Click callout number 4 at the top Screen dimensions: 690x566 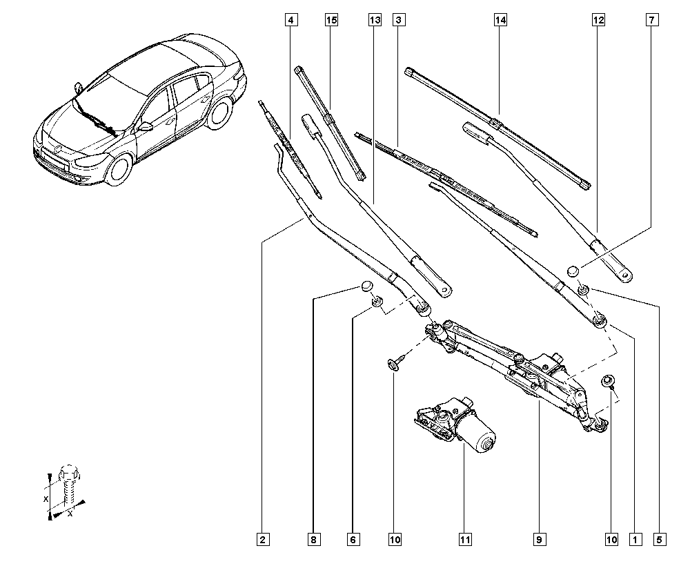(x=291, y=20)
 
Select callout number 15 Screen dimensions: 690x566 (x=331, y=20)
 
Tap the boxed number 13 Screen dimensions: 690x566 (x=375, y=20)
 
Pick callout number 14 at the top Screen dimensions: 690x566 (x=500, y=20)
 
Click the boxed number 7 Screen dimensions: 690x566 (x=652, y=20)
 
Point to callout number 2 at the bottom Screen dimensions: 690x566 (x=263, y=540)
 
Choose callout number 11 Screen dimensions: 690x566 (x=465, y=540)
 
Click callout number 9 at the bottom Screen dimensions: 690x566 (x=540, y=540)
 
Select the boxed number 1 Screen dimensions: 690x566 (x=635, y=540)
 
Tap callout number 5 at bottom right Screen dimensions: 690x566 (x=659, y=540)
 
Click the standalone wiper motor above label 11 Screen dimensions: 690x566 (x=456, y=424)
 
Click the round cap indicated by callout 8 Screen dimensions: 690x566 (x=366, y=286)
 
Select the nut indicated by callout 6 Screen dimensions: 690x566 (x=377, y=302)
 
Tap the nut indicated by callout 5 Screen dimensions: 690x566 (x=584, y=289)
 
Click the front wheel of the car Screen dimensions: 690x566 (x=119, y=168)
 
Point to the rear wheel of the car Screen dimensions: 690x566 (x=220, y=113)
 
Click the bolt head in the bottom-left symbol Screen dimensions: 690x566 (x=68, y=473)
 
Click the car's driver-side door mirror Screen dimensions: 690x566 (x=144, y=127)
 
